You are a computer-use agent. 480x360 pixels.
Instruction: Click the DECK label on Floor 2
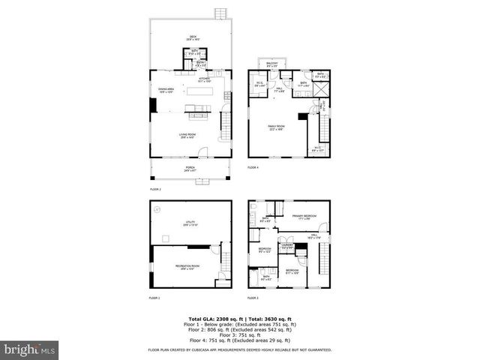[x=191, y=38]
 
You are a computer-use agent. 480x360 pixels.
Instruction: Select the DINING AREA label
[x=166, y=91]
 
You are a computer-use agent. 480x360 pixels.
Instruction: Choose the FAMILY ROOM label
[x=277, y=127]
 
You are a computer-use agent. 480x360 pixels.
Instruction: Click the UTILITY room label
[x=189, y=223]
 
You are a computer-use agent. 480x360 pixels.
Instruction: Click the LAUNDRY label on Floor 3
[x=286, y=244]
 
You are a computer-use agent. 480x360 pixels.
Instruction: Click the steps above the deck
[x=220, y=13]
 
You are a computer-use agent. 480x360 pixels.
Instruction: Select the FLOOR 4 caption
[x=253, y=167]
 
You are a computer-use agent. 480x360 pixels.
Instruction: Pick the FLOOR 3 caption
[x=253, y=298]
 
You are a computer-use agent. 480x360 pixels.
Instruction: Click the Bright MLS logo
[x=30, y=349]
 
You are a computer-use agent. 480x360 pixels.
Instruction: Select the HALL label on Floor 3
[x=313, y=237]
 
